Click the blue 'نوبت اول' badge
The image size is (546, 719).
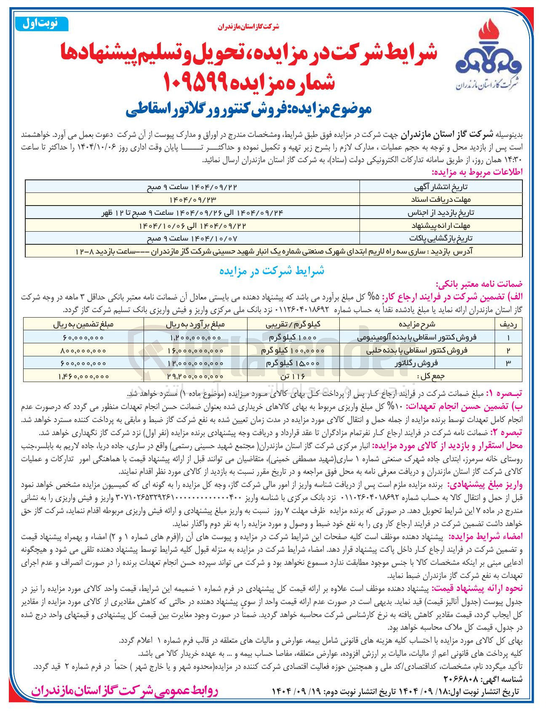point(42,24)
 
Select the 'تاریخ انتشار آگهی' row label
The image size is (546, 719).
point(441,187)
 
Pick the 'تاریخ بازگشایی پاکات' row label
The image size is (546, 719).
point(441,238)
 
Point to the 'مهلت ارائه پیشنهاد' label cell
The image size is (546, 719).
point(441,225)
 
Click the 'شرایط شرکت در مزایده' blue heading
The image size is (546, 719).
point(272,271)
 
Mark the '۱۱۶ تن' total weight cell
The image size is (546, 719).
point(293,376)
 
